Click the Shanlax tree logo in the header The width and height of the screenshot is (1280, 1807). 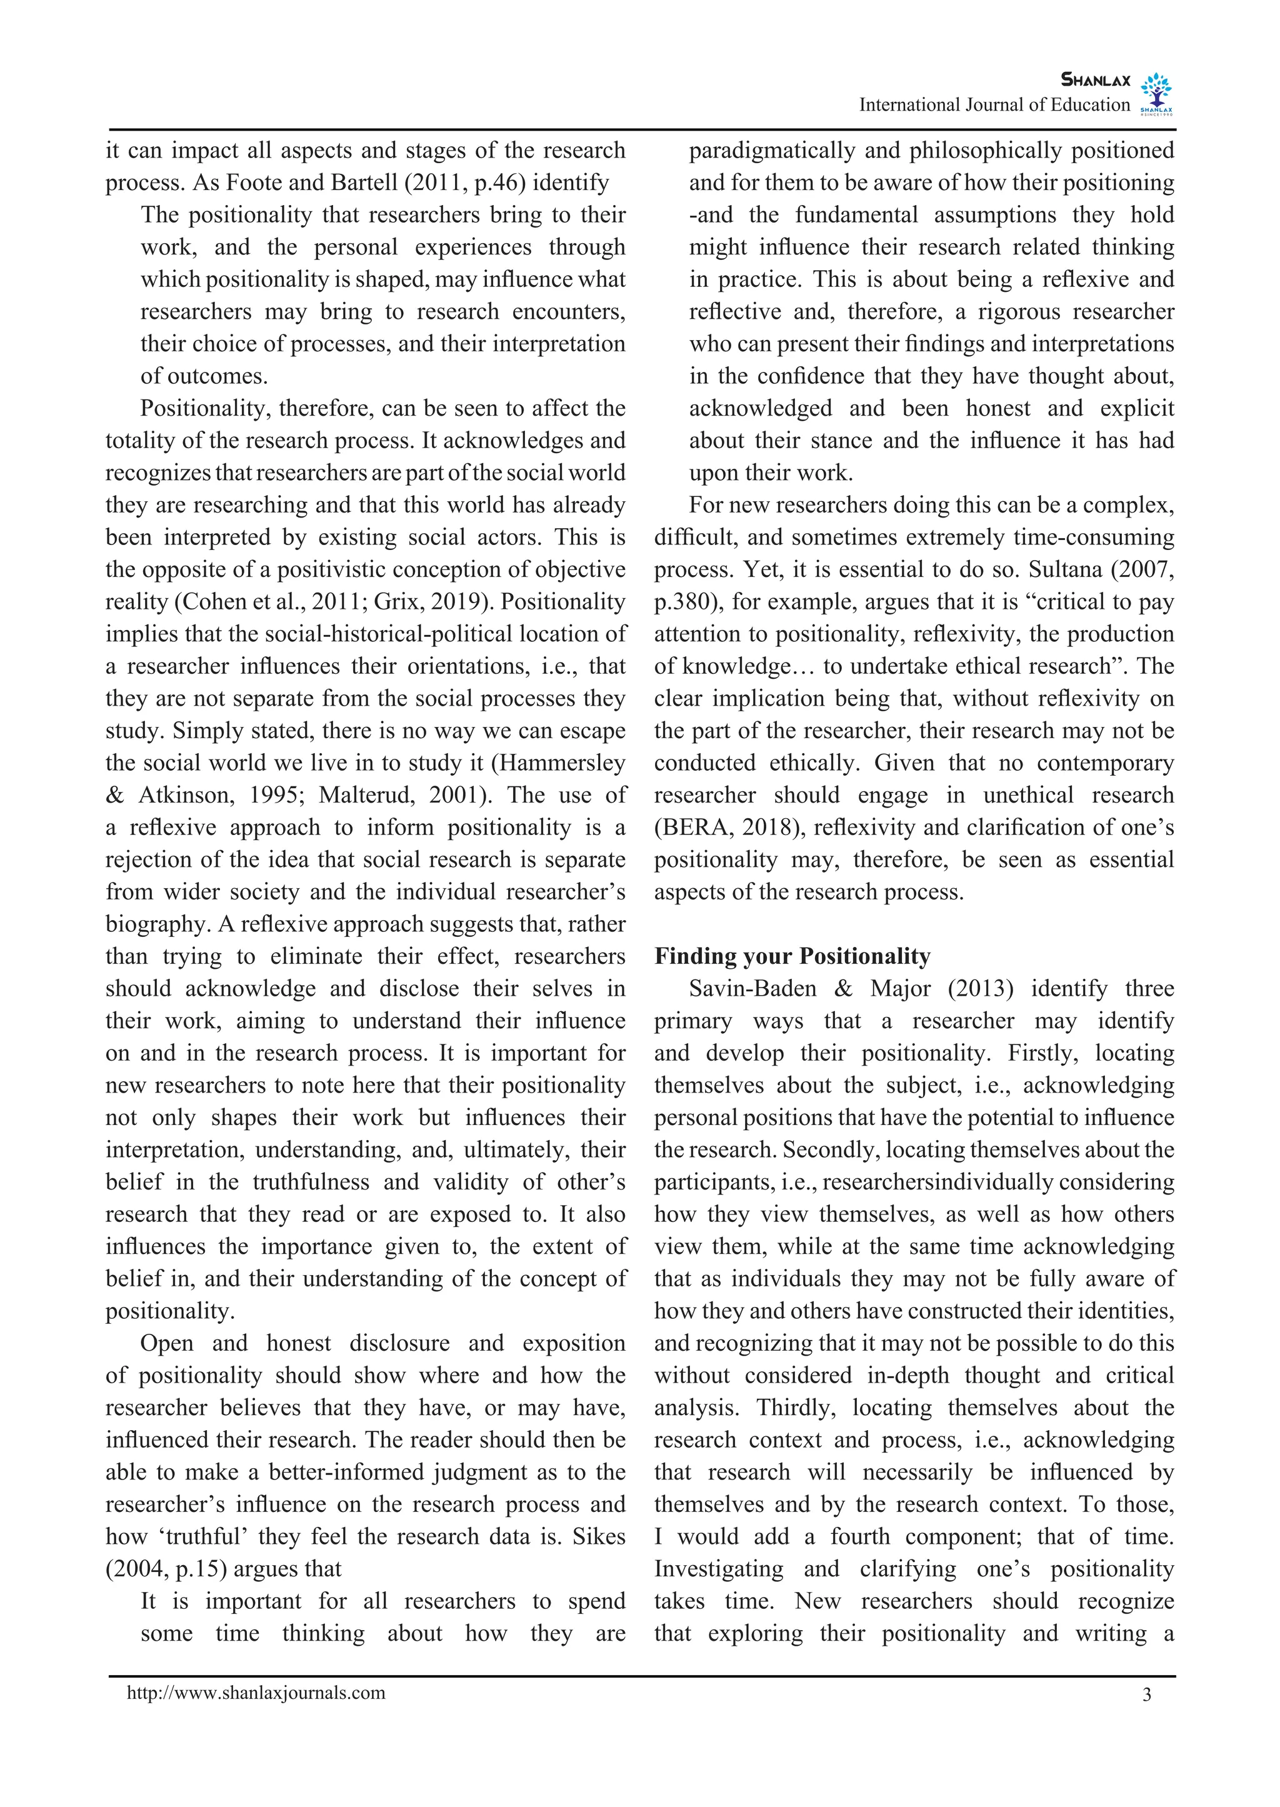click(1156, 93)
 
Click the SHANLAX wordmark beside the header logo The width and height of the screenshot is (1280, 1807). click(1096, 79)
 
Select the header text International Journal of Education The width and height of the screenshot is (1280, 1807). click(994, 105)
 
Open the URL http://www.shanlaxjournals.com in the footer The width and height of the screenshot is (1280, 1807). click(256, 1693)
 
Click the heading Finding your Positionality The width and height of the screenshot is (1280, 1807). click(792, 956)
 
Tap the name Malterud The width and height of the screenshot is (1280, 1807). click(366, 795)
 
